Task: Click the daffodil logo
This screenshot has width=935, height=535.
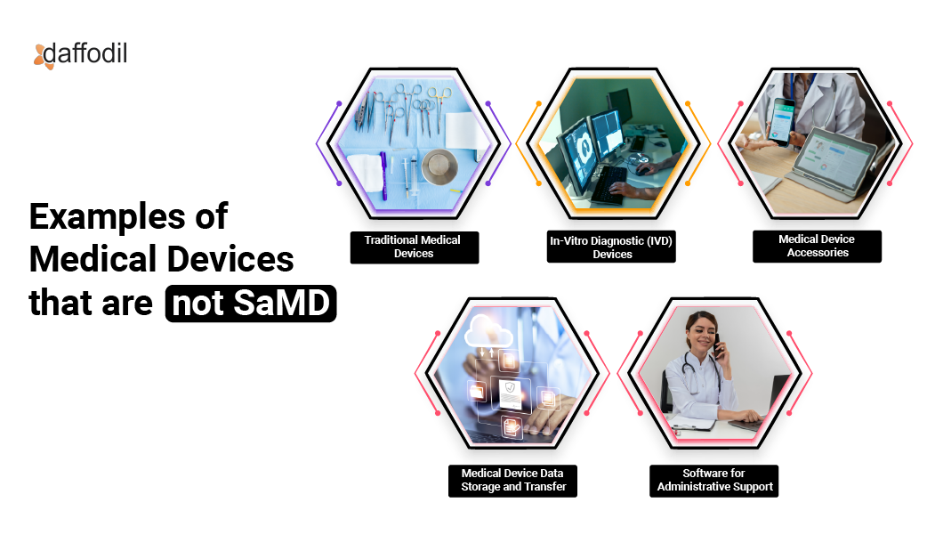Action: (x=80, y=55)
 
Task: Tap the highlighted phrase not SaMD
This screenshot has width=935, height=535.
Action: (x=251, y=303)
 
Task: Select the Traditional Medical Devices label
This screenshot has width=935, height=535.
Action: (x=414, y=247)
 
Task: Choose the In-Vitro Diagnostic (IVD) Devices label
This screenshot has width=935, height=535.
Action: (x=611, y=247)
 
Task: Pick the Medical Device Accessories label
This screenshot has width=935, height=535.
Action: (x=817, y=246)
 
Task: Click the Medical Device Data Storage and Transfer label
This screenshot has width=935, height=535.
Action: (x=512, y=480)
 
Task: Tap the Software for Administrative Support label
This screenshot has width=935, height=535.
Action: (x=713, y=480)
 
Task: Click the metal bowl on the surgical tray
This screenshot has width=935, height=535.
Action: (x=439, y=166)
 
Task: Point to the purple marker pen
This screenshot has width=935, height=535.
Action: (x=384, y=176)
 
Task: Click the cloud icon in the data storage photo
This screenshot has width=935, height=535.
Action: (x=488, y=332)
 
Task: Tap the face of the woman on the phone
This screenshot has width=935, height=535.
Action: (x=703, y=334)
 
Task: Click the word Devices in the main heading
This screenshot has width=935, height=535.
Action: (x=229, y=259)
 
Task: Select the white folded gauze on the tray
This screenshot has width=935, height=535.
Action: (x=365, y=172)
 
